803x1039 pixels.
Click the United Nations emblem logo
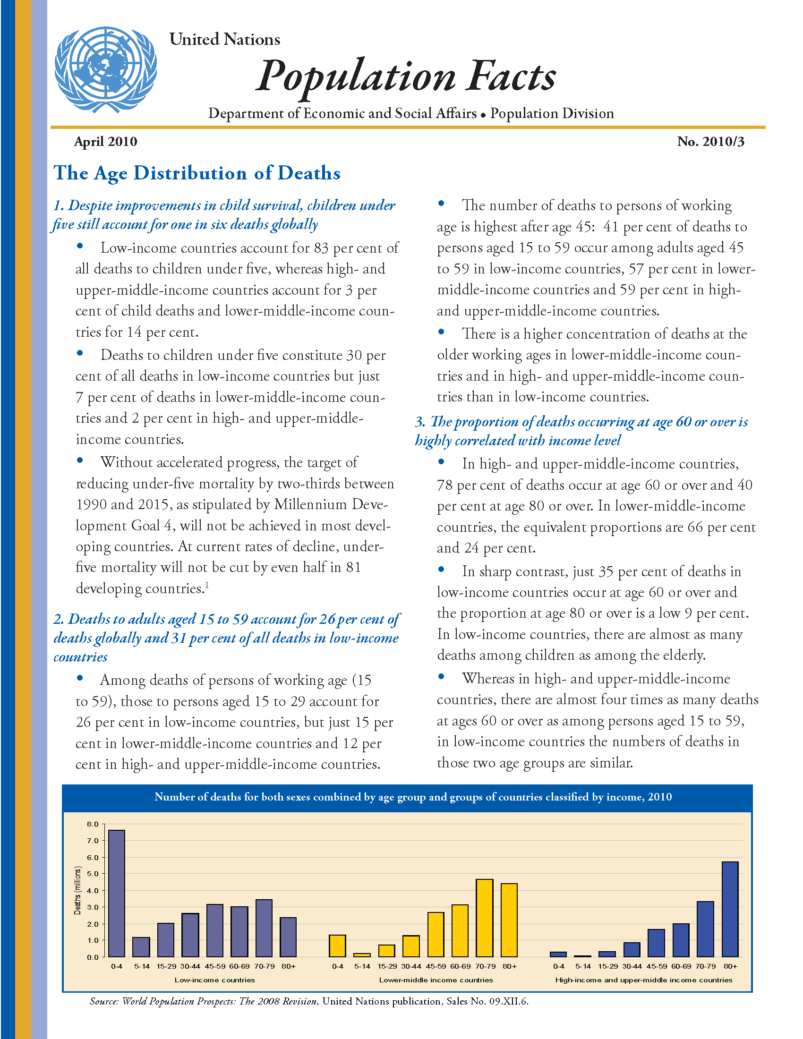[105, 69]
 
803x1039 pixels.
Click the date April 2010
[106, 142]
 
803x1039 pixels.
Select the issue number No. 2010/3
[710, 142]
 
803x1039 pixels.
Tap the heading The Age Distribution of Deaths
[197, 173]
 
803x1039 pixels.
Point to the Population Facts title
[406, 76]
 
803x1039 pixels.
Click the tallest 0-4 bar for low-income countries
[117, 894]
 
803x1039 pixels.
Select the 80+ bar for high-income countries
[730, 909]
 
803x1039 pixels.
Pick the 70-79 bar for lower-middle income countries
[484, 918]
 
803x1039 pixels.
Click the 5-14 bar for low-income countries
[141, 947]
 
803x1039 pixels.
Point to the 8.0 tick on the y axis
[93, 824]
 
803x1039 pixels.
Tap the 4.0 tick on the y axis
[93, 891]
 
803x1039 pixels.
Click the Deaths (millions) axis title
[77, 891]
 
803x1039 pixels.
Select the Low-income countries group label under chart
[214, 980]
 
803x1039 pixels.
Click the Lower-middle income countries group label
[436, 980]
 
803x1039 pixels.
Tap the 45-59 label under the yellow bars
[436, 966]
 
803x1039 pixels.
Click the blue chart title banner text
[413, 797]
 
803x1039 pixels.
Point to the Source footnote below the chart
[309, 1001]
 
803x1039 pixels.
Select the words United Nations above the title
[224, 40]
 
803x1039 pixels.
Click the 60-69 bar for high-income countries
[681, 940]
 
